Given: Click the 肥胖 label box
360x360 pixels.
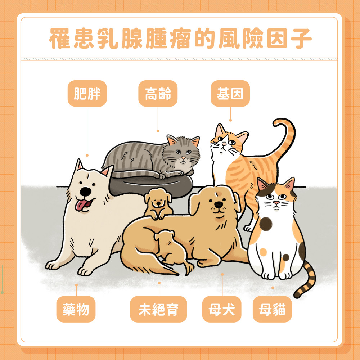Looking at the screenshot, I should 87,94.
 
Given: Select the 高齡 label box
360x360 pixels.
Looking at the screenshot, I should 158,94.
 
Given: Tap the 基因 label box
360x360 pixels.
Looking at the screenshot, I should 230,94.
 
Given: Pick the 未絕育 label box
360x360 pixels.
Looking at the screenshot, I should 158,309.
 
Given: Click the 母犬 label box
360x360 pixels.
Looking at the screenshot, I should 222,309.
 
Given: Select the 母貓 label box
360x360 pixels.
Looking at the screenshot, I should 272,309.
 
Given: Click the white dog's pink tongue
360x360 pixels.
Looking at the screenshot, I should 81,206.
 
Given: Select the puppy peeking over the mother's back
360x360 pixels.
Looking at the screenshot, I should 158,203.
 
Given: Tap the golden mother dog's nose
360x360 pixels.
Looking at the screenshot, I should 218,204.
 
